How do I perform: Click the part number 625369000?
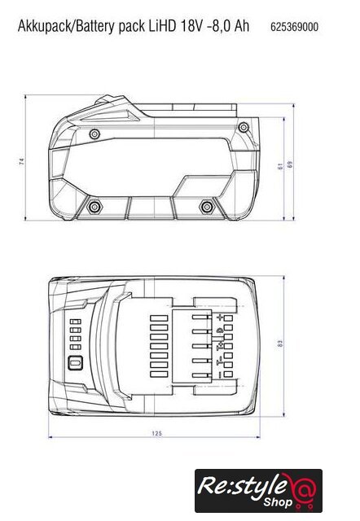coord(294,27)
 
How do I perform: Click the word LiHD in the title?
coord(162,26)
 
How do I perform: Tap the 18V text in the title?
coord(191,26)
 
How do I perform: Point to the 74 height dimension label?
coord(22,162)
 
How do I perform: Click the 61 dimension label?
coord(280,166)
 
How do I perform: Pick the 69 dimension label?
coord(290,164)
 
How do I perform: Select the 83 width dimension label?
coord(280,344)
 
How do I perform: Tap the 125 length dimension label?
coord(156,433)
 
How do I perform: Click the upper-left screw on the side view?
coord(94,134)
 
